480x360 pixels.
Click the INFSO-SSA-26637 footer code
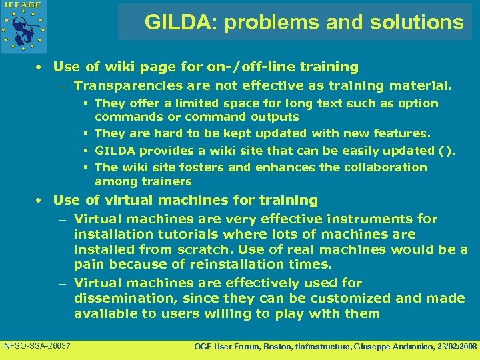click(x=37, y=345)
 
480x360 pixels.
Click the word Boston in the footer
click(x=271, y=347)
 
